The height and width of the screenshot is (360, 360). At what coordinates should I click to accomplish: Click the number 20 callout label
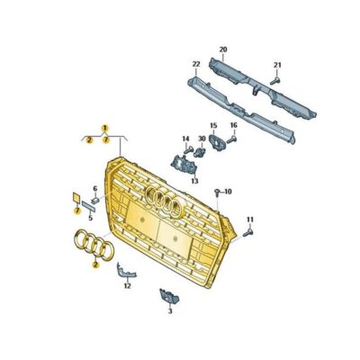point(223,49)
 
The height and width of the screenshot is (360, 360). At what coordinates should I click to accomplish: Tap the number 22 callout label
point(196,64)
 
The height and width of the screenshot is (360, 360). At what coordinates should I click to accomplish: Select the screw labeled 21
point(275,80)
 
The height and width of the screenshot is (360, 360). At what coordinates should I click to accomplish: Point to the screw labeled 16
point(232,139)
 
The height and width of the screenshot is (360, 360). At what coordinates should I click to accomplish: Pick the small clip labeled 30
point(200,152)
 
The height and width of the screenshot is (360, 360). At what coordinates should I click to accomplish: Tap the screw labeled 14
point(188,150)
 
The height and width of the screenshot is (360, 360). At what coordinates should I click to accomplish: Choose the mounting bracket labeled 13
point(184,165)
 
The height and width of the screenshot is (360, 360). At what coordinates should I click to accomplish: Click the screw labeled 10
point(217,193)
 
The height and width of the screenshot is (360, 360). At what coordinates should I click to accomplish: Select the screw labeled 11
point(248,232)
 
